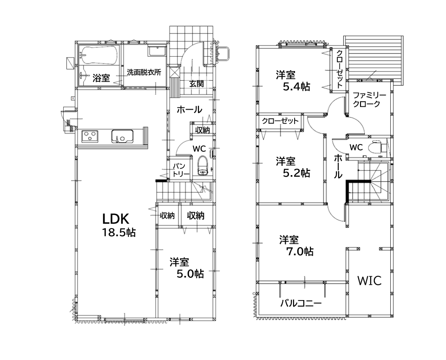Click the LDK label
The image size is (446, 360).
tap(116, 219)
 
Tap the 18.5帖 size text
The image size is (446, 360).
tap(118, 233)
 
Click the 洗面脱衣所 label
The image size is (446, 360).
tap(144, 72)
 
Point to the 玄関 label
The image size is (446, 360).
tap(197, 84)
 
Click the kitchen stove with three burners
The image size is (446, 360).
tap(90, 136)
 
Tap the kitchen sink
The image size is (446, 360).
tap(122, 136)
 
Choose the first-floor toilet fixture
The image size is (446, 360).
tap(203, 166)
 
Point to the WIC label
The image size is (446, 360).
tap(369, 281)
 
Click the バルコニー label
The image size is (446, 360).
tap(301, 303)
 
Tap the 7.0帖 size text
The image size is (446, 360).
tap(300, 251)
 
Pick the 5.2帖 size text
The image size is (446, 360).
tap(296, 173)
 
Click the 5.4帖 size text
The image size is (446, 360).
tap(296, 86)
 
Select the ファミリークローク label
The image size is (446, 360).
tap(369, 99)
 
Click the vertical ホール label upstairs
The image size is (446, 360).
tap(338, 166)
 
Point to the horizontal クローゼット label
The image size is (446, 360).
tap(280, 121)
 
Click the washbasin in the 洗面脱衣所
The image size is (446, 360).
tap(157, 51)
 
